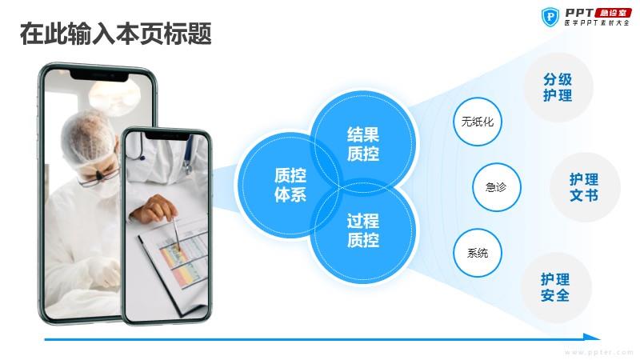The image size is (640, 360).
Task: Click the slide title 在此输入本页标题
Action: tap(115, 34)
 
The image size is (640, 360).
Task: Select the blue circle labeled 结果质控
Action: tap(363, 144)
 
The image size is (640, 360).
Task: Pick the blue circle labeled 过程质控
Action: tap(363, 230)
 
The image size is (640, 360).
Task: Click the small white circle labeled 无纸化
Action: tap(477, 122)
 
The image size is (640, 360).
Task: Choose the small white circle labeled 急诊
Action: tap(497, 187)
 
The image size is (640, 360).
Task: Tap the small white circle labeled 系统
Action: tap(477, 253)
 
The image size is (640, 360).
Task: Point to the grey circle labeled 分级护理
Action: tap(558, 87)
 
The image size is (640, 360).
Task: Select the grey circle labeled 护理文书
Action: tap(585, 187)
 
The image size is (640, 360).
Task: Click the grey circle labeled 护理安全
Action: tap(556, 287)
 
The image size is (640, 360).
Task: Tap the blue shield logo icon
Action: tap(550, 17)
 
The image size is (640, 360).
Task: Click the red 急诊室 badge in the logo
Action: tap(613, 13)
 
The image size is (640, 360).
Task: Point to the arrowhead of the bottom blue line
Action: tap(592, 337)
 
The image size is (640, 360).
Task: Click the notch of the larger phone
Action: tap(99, 75)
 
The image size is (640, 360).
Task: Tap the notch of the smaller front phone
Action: tap(166, 135)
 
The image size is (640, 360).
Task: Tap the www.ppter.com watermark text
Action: tap(598, 352)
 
